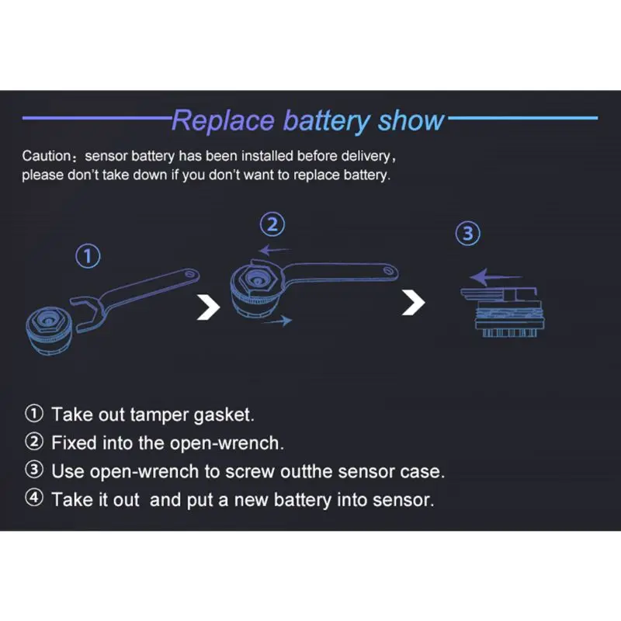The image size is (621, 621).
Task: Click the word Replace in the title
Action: (223, 120)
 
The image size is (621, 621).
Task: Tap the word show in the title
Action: (411, 120)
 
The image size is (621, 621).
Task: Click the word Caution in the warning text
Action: (47, 156)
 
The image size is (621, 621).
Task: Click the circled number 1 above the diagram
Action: (88, 256)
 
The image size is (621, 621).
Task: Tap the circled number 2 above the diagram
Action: (272, 224)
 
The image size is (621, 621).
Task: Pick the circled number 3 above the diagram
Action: (468, 234)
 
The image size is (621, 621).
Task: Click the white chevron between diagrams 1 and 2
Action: (209, 306)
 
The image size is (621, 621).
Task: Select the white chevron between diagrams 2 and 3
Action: (414, 302)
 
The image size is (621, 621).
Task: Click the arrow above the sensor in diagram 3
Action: (495, 276)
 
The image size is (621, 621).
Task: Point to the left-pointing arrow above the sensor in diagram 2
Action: (274, 250)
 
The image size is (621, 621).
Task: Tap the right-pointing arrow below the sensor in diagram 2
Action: (277, 321)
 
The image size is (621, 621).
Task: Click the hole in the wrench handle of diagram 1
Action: (190, 274)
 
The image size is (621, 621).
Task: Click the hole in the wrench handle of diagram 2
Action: (388, 270)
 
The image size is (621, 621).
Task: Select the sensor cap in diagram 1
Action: (49, 331)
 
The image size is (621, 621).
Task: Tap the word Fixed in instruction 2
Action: (74, 442)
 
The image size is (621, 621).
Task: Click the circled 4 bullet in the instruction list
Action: (34, 498)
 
